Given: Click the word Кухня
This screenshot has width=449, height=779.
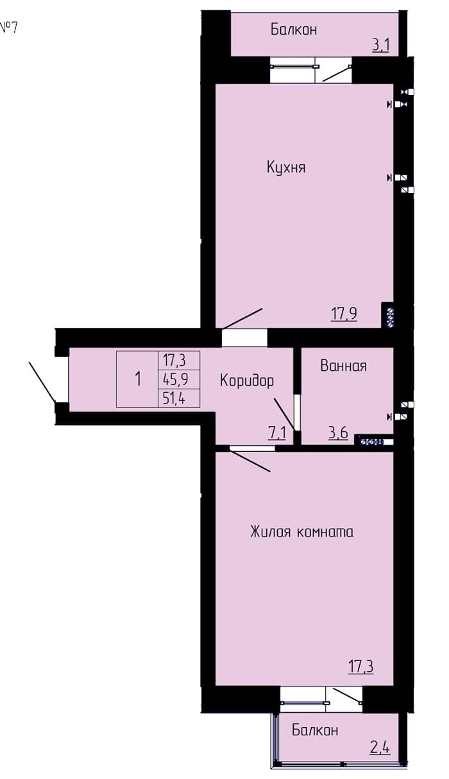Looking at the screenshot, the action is (x=286, y=167).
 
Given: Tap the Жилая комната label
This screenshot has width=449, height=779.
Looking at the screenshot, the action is (x=301, y=532).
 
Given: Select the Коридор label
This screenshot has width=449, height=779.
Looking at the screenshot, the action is (x=247, y=381).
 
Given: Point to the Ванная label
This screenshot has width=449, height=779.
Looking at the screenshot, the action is (x=343, y=366).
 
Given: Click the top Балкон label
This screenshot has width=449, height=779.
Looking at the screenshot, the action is (x=294, y=30).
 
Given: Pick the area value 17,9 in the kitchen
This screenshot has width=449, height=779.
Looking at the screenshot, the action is (x=344, y=314).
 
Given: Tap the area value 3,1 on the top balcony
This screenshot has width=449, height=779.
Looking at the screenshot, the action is (x=380, y=46).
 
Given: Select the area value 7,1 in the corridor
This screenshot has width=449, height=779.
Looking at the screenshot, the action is (x=277, y=433).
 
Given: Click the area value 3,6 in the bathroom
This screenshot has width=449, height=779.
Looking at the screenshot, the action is (x=339, y=433).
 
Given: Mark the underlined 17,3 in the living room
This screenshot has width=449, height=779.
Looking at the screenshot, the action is (x=360, y=667).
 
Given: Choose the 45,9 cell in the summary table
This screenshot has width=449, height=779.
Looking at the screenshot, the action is (x=178, y=380).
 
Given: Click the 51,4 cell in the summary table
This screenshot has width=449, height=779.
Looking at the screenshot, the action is (x=178, y=398).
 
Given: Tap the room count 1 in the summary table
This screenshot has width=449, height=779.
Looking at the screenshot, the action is (x=138, y=379).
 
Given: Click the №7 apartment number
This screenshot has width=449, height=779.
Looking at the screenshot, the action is (x=8, y=27).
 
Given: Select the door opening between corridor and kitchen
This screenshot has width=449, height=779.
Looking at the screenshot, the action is (x=244, y=338).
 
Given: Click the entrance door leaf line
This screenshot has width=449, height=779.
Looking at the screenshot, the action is (x=42, y=382).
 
